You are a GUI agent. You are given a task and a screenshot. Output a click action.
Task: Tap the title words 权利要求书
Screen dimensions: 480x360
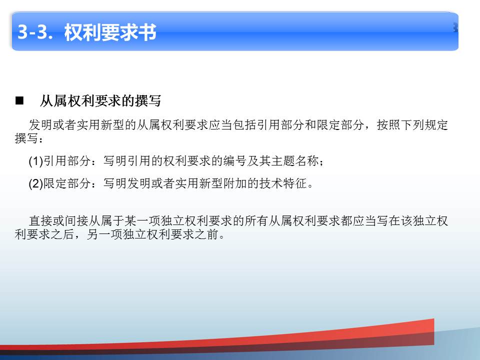[x=110, y=32]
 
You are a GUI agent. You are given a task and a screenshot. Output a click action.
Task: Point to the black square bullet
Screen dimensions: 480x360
[x=19, y=100]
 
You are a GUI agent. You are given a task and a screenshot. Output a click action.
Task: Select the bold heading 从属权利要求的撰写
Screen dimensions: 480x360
[x=100, y=100]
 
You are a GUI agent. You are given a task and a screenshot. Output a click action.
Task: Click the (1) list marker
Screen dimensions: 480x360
[x=36, y=161]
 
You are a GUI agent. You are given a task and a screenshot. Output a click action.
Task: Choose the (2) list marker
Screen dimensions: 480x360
[x=36, y=183]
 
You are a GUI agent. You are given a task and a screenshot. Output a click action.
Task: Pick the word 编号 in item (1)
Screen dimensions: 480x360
[x=235, y=161]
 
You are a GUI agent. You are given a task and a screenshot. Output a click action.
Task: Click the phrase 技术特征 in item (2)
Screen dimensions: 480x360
[x=283, y=183]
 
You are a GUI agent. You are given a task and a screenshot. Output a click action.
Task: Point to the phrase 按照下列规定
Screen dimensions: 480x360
[x=412, y=125]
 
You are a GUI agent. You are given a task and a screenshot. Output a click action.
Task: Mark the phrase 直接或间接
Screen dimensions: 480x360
[x=58, y=221]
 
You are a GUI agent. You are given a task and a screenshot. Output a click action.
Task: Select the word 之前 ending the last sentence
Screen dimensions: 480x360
[x=206, y=234]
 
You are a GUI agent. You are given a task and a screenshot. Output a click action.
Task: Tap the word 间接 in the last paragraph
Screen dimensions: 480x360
[x=76, y=221]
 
